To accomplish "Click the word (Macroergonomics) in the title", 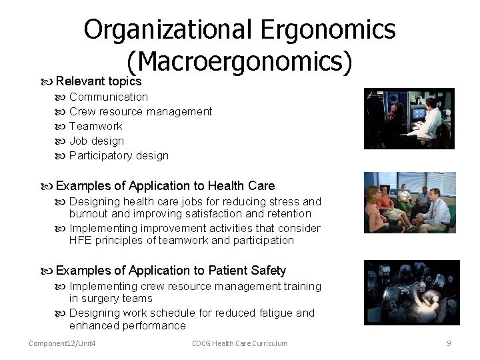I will pyautogui.click(x=239, y=62).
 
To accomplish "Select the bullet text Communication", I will pyautogui.click(x=108, y=97).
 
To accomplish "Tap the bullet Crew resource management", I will pyautogui.click(x=140, y=111).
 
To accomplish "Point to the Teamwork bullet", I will pyautogui.click(x=95, y=126).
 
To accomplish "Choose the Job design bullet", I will pyautogui.click(x=97, y=141).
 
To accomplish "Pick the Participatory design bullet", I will pyautogui.click(x=119, y=155).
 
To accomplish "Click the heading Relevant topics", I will pyautogui.click(x=98, y=81).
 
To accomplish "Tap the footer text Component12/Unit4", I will pyautogui.click(x=62, y=343).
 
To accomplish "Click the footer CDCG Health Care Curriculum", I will pyautogui.click(x=239, y=343).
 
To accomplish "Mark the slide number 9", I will pyautogui.click(x=449, y=343).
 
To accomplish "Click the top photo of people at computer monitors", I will pyautogui.click(x=409, y=119).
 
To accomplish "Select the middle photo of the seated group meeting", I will pyautogui.click(x=409, y=202).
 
